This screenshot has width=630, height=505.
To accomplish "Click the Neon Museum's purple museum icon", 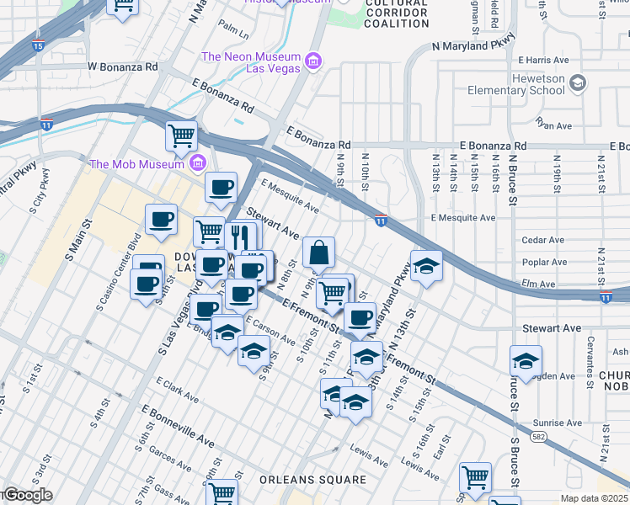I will point(313,61).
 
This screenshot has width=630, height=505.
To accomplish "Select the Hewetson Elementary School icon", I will point(578,83).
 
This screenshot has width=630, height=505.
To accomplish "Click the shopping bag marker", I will point(319,252).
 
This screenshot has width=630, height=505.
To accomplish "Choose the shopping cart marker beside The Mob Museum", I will point(181,136).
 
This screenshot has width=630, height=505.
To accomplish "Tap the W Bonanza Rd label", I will point(122,66).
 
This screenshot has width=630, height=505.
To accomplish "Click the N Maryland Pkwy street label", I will point(472,46).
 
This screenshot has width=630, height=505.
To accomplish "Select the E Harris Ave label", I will point(545,61).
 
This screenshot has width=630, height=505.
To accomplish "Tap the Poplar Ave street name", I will point(545,262).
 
